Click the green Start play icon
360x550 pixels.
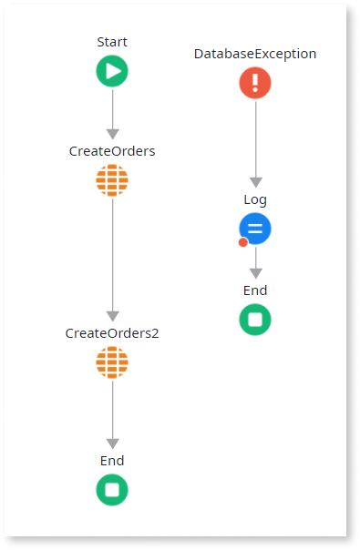112,71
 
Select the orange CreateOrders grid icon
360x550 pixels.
112,180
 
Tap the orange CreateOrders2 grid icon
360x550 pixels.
112,362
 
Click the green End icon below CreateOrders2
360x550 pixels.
112,490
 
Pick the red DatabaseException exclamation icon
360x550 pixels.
255,83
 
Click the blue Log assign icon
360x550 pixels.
255,229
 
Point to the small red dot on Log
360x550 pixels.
243,242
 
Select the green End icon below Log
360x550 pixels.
255,320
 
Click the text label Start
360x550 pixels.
112,42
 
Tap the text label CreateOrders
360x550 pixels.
112,151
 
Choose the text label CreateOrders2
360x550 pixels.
112,333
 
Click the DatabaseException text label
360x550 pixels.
255,54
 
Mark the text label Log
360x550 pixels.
255,199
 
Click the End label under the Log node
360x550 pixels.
255,290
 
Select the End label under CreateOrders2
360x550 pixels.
112,461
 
